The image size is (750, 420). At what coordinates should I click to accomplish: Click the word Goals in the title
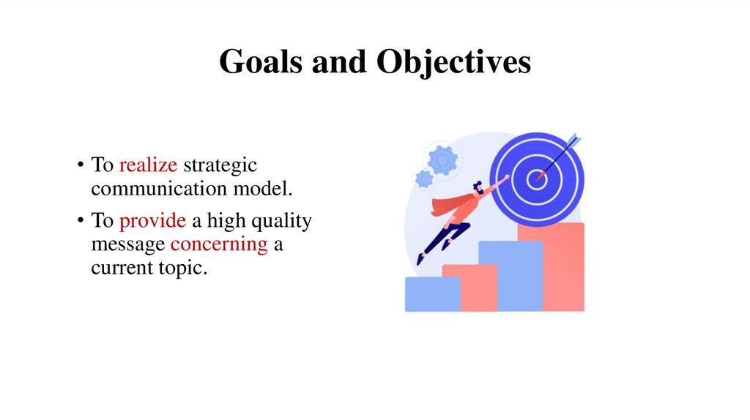261,62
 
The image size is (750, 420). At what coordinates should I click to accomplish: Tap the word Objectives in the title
453,64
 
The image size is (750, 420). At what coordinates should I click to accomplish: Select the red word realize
148,165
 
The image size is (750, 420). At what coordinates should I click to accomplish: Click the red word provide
149,220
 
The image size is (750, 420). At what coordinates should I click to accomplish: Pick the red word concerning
219,244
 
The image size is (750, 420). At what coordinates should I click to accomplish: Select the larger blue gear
442,159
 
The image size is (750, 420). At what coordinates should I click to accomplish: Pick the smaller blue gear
424,179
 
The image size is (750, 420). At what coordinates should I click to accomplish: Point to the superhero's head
478,189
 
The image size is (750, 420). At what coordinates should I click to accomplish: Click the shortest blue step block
432,293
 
